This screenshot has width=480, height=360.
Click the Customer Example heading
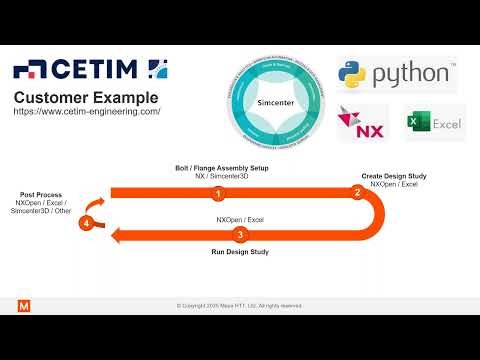pos(85,97)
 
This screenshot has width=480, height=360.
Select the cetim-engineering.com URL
pos(87,112)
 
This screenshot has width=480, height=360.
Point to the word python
pos(411,75)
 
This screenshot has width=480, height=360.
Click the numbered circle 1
pos(216,192)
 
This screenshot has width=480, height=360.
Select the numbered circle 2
pos(357,192)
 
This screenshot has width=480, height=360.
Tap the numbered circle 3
pos(239,235)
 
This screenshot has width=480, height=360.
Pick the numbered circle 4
pos(88,223)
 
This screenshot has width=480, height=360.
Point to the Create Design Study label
pos(394,176)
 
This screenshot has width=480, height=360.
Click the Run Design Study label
pos(239,253)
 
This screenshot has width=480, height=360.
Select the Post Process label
pos(42,194)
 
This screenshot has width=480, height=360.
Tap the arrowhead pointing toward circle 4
pos(116,235)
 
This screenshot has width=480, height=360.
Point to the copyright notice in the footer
pos(239,305)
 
